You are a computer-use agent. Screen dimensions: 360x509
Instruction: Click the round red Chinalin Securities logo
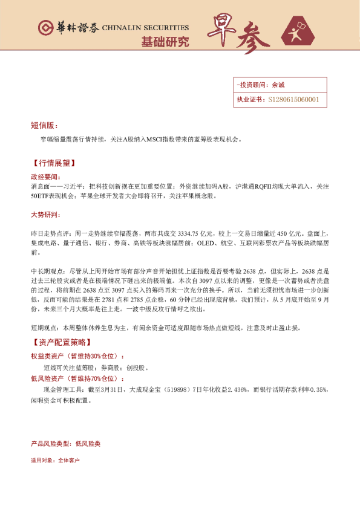[45, 28]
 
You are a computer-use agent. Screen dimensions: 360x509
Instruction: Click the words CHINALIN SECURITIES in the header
[145, 28]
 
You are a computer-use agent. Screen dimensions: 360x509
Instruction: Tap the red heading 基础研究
[165, 42]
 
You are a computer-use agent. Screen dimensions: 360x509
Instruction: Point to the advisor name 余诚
[278, 85]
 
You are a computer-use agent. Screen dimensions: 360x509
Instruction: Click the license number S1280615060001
[293, 100]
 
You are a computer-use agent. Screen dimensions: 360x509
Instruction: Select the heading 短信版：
[44, 125]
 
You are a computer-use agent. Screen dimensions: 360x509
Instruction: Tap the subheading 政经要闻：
[45, 177]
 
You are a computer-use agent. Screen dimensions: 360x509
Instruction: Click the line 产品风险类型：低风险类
[65, 444]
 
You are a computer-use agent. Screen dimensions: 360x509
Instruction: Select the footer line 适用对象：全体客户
[55, 461]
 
